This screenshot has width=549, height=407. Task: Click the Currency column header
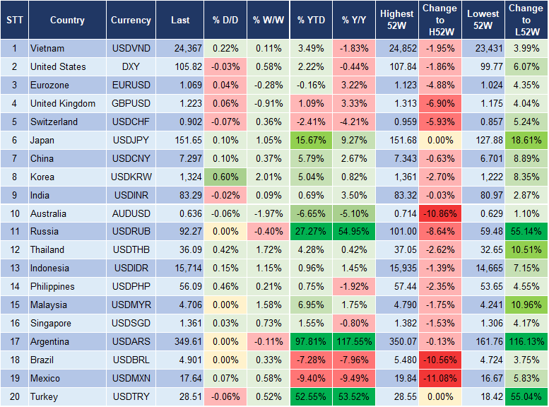point(131,20)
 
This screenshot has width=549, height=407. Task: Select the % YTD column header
point(311,20)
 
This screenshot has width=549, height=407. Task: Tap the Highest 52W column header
point(396,20)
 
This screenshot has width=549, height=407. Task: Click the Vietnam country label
point(47,49)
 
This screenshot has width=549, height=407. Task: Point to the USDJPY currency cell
point(131,141)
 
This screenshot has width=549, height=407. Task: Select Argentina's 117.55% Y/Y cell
point(355,342)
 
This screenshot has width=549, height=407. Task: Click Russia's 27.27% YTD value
point(311,232)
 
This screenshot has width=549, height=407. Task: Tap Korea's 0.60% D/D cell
point(224,177)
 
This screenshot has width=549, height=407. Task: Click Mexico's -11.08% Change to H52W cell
point(439,379)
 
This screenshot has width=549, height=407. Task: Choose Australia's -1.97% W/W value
point(267,213)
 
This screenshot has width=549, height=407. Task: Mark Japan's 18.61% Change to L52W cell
point(526,141)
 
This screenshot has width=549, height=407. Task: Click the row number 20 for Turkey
point(14,397)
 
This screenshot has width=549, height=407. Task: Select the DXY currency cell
point(131,67)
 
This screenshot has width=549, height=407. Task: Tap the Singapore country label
point(52,324)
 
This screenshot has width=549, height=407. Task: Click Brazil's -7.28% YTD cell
point(311,360)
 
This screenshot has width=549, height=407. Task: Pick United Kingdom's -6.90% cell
point(439,104)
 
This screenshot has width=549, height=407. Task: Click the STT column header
point(14,20)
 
